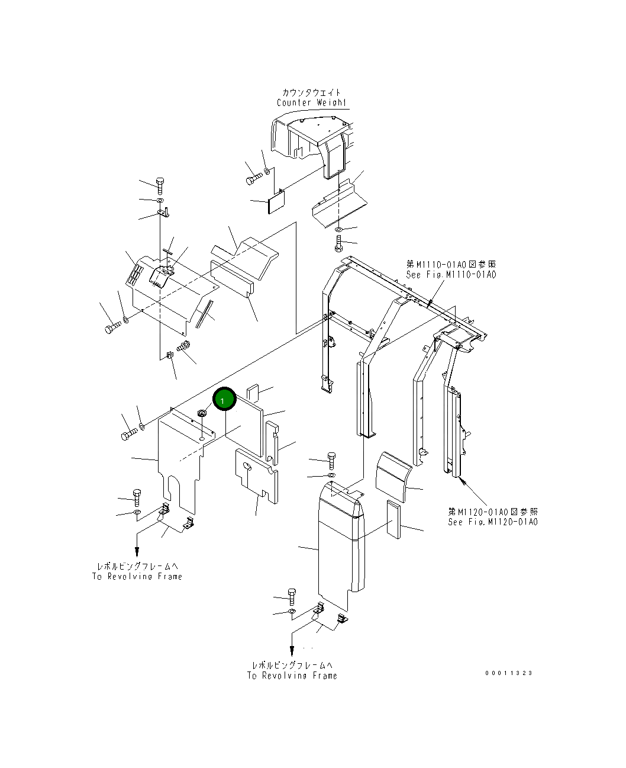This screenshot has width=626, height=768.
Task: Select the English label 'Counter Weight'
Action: (x=312, y=102)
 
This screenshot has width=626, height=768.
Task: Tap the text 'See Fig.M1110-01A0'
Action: (x=451, y=275)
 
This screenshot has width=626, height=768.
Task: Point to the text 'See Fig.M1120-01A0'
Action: (x=493, y=522)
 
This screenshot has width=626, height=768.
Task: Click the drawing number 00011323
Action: (x=509, y=673)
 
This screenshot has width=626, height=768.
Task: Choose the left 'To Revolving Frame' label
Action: (x=137, y=576)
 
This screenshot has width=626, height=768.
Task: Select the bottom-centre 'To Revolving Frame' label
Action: (x=292, y=675)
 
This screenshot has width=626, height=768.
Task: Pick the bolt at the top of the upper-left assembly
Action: (x=160, y=184)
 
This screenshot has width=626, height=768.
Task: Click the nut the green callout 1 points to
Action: (x=202, y=413)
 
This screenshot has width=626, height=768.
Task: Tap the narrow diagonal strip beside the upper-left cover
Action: (x=204, y=313)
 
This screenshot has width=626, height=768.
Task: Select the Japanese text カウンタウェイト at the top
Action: (x=312, y=92)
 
